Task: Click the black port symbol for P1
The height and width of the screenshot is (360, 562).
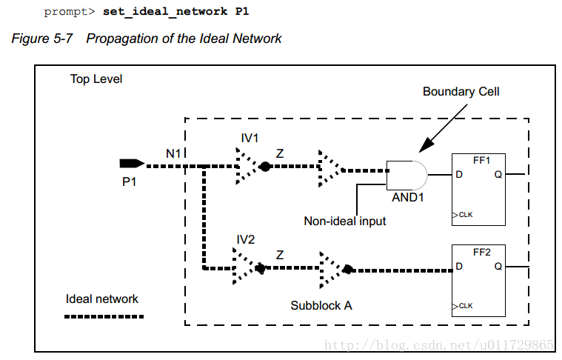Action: [x=131, y=164]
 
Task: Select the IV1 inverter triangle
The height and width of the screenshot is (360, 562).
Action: [x=246, y=166]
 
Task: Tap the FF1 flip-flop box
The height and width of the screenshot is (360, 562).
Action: [x=479, y=190]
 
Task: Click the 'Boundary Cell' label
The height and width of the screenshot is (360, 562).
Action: [x=461, y=92]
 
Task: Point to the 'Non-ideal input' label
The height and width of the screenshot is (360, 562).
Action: [x=345, y=221]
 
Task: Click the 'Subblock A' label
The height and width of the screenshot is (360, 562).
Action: [x=321, y=304]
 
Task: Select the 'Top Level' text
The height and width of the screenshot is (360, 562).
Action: [x=96, y=79]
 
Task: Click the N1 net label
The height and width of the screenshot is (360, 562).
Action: [x=173, y=154]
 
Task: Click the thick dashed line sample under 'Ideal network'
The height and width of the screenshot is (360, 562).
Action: [x=104, y=316]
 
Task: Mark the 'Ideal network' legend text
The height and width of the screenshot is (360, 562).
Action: [x=102, y=299]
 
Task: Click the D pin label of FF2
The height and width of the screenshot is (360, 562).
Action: [x=460, y=266]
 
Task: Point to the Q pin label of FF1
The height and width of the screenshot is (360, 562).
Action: [x=498, y=176]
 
